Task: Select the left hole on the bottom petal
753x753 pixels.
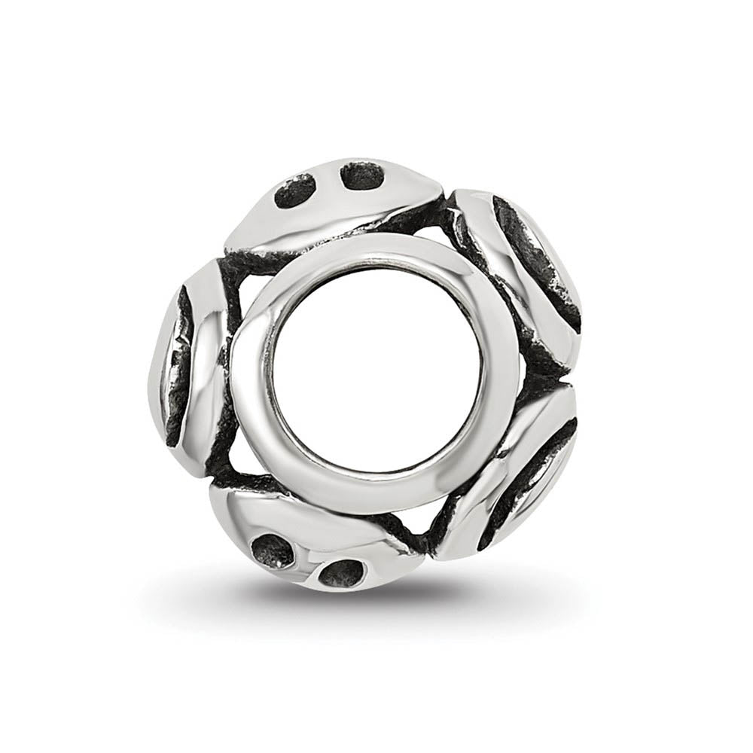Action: point(273,551)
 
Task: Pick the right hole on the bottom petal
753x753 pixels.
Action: point(335,574)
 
